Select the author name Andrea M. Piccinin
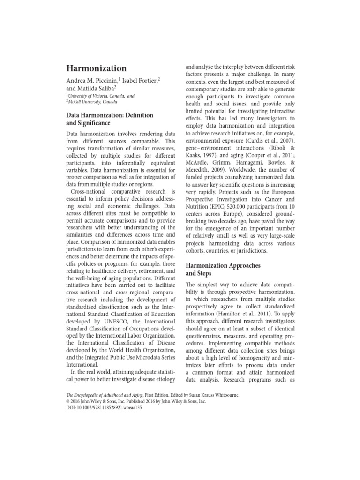tap(91, 81)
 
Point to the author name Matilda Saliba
tap(99, 89)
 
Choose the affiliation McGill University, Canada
tap(91, 102)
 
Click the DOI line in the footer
tap(102, 408)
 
